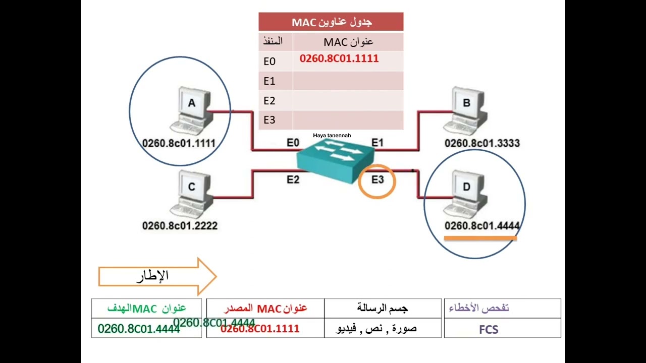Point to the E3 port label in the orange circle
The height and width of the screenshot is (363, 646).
[377, 179]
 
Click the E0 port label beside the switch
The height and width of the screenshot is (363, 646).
[293, 143]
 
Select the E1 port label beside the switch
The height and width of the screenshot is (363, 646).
[378, 143]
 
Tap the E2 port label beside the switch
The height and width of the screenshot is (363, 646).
[293, 179]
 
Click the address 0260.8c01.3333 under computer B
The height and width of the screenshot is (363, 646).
[482, 143]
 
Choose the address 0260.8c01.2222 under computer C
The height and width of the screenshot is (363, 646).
[180, 226]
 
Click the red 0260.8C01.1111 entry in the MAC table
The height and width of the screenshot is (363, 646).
[339, 59]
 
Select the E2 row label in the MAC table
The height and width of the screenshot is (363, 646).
[270, 101]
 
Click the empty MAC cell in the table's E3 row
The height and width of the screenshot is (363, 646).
[348, 120]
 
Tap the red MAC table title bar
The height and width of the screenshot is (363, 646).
[331, 22]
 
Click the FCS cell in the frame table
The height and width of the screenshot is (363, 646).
[488, 330]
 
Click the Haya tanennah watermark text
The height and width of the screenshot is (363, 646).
[332, 136]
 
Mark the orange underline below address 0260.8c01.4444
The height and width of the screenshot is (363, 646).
[480, 238]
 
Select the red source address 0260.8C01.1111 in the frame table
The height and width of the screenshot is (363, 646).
[260, 329]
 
